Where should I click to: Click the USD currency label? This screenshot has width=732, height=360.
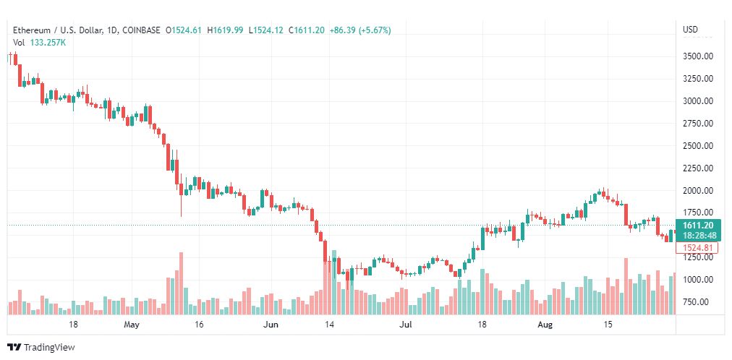pos(691,30)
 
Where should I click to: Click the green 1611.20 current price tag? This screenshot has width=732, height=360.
pos(699,226)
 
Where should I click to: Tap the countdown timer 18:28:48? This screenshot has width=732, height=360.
pos(699,236)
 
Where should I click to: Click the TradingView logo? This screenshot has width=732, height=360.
pos(41,348)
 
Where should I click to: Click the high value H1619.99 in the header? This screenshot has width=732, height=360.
pos(225,30)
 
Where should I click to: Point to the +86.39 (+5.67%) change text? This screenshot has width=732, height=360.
pos(360,30)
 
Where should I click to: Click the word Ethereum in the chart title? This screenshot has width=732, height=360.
pos(31,30)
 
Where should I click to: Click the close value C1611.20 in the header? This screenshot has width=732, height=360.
pos(307,30)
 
